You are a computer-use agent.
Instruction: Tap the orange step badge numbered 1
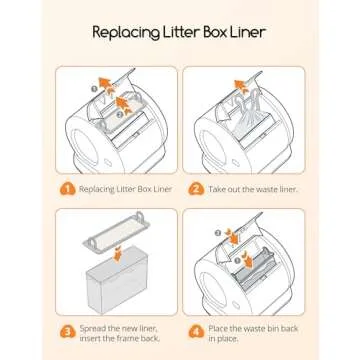(x=67, y=189)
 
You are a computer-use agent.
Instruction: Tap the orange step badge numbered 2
(x=196, y=189)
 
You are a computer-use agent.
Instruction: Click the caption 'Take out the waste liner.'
(x=253, y=189)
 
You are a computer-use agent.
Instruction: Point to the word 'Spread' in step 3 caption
(x=93, y=329)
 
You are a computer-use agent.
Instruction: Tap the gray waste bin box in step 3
(x=117, y=279)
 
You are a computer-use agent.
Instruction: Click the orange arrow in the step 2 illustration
(x=239, y=85)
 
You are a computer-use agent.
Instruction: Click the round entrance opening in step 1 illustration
(x=86, y=148)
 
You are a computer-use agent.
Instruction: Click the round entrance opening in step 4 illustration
(x=213, y=289)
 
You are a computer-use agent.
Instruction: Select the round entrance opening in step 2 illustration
(x=213, y=148)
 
